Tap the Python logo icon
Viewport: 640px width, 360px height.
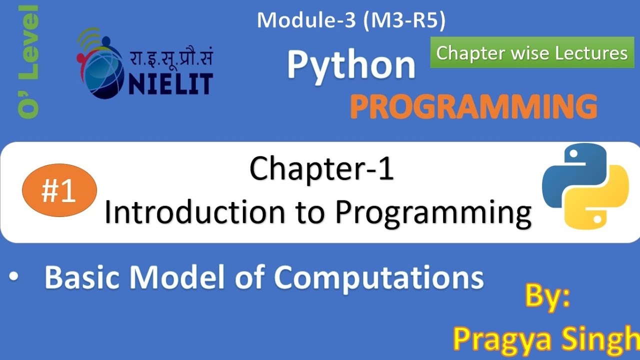pyautogui.click(x=585, y=186)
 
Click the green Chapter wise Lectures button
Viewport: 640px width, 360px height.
pyautogui.click(x=532, y=52)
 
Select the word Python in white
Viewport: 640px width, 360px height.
pyautogui.click(x=351, y=66)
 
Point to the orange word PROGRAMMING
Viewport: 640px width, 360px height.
pyautogui.click(x=473, y=106)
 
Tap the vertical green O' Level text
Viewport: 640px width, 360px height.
pyautogui.click(x=28, y=62)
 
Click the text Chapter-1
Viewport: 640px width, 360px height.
pyautogui.click(x=321, y=168)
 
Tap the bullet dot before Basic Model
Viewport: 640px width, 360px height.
pyautogui.click(x=14, y=278)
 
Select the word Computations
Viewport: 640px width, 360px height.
pyautogui.click(x=378, y=277)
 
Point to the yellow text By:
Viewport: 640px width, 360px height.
pyautogui.click(x=547, y=297)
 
